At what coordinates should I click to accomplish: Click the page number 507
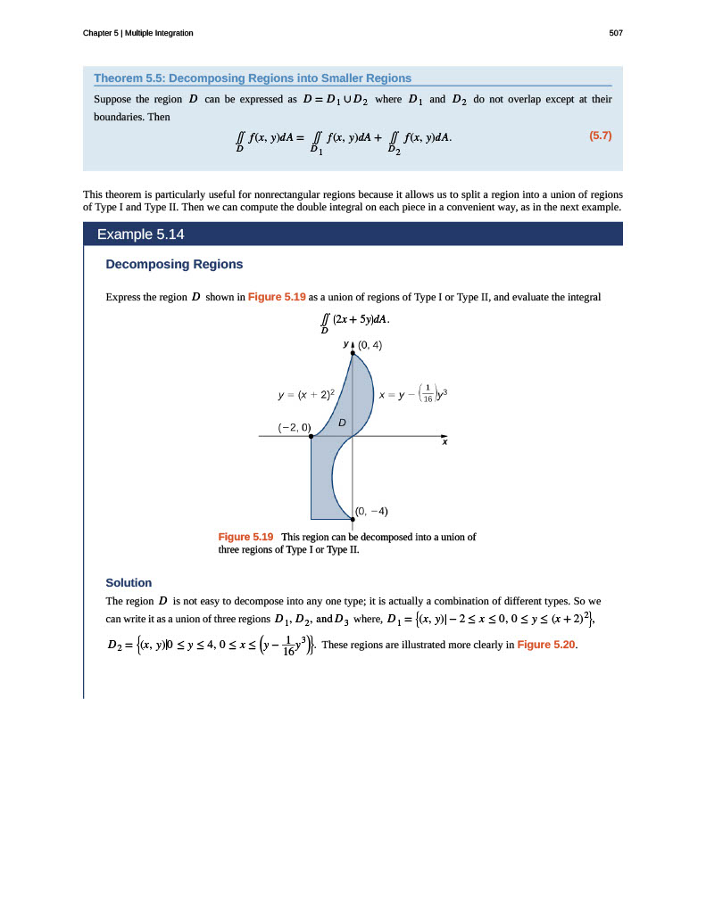tap(615, 33)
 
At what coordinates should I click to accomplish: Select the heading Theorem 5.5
tap(253, 78)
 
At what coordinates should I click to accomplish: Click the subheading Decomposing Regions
tap(174, 264)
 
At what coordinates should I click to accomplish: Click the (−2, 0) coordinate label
tap(294, 427)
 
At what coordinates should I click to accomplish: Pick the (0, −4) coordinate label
tap(371, 511)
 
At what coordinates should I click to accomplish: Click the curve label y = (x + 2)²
tap(306, 392)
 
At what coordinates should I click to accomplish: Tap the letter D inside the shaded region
tap(341, 421)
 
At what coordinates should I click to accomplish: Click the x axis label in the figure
tap(444, 443)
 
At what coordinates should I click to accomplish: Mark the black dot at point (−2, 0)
tap(311, 437)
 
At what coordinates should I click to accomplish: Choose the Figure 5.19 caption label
tap(245, 537)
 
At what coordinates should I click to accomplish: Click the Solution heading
tap(129, 582)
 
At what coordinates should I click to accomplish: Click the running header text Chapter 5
tap(137, 33)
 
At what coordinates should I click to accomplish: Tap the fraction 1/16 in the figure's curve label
tap(428, 392)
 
